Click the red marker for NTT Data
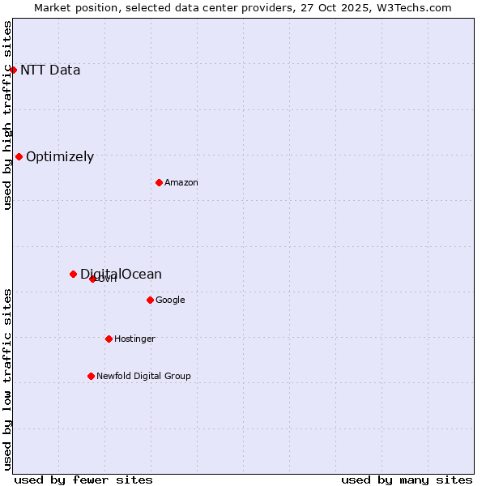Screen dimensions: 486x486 pyautogui.click(x=13, y=70)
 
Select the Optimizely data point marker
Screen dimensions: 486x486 pyautogui.click(x=19, y=156)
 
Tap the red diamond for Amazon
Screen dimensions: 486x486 pyautogui.click(x=159, y=182)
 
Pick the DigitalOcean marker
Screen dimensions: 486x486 pyautogui.click(x=73, y=274)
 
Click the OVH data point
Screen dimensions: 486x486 pyautogui.click(x=92, y=279)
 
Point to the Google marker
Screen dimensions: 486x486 pyautogui.click(x=150, y=300)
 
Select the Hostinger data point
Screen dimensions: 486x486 pyautogui.click(x=109, y=339)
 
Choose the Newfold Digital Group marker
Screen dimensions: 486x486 pyautogui.click(x=91, y=376)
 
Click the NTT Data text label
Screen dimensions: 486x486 pyautogui.click(x=50, y=70)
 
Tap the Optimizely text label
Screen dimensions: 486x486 pyautogui.click(x=60, y=157)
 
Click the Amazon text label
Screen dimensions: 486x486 pyautogui.click(x=181, y=183)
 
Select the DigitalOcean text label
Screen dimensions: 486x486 pyautogui.click(x=122, y=274)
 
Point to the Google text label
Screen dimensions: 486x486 pyautogui.click(x=170, y=301)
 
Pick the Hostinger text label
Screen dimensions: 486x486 pyautogui.click(x=134, y=339)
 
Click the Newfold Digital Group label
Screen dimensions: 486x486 pyautogui.click(x=143, y=377)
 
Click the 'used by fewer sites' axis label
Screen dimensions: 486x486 pyautogui.click(x=83, y=480)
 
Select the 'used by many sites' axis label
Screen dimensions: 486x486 pyautogui.click(x=407, y=480)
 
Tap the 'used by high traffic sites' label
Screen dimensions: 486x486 pyautogui.click(x=7, y=114)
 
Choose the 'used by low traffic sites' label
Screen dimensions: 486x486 pyautogui.click(x=7, y=378)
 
